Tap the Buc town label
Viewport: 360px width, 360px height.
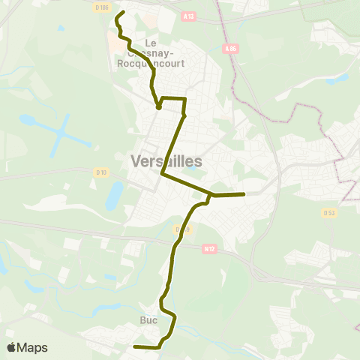148,320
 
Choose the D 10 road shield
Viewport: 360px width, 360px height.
101,172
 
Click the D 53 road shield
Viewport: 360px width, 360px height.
328,213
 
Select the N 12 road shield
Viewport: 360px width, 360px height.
209,248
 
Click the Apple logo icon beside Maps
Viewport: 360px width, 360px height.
12,347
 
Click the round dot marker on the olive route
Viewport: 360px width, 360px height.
159,107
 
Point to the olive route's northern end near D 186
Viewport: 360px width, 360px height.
122,13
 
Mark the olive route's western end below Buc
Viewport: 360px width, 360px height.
135,346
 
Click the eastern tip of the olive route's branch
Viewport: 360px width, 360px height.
244,195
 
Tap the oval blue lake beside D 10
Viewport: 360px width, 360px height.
114,196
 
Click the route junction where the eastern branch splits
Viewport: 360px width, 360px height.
212,196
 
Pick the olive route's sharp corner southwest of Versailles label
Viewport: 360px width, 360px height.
162,174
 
